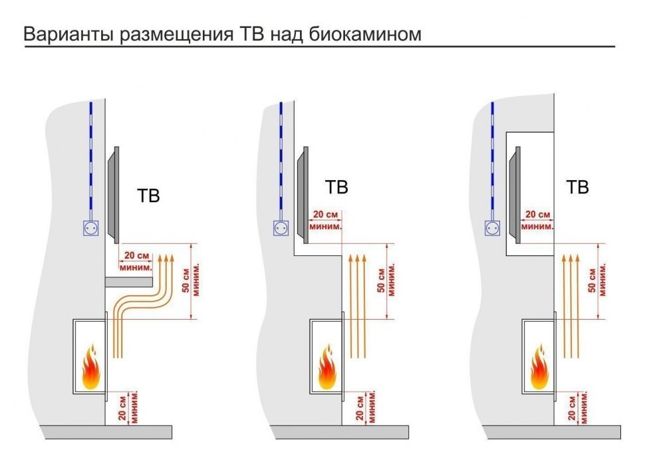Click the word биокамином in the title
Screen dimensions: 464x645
click(x=365, y=34)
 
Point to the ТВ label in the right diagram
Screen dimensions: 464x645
click(x=577, y=187)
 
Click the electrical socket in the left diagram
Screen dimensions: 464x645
click(x=89, y=229)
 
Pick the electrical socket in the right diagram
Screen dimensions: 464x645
click(x=493, y=229)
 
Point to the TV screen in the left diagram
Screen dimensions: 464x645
click(x=112, y=193)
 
